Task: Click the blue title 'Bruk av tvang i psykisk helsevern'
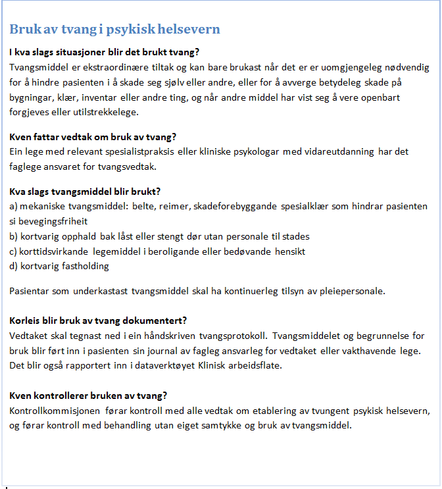pyautogui.click(x=114, y=30)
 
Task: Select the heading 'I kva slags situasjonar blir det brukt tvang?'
pyautogui.click(x=105, y=52)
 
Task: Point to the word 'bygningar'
pyautogui.click(x=32, y=97)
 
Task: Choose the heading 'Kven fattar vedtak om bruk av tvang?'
pyautogui.click(x=93, y=137)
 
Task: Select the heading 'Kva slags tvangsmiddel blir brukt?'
pyautogui.click(x=85, y=192)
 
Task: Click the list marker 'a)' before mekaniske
pyautogui.click(x=14, y=206)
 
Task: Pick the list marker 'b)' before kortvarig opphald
pyautogui.click(x=14, y=236)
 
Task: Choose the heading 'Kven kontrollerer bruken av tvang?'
pyautogui.click(x=88, y=396)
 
